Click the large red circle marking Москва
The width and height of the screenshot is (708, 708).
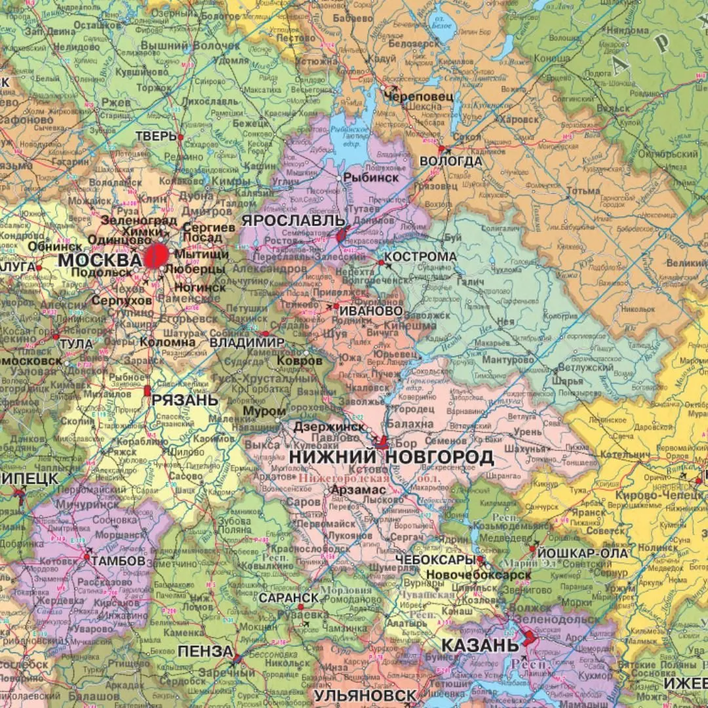pos(156,256)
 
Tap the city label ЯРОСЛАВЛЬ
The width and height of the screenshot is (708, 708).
pos(293,220)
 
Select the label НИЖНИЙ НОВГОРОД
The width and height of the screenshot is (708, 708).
pos(391,457)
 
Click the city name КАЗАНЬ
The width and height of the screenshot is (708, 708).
pos(480,645)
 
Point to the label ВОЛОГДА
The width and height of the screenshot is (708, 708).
pos(451,161)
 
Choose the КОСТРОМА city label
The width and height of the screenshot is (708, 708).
pos(420,256)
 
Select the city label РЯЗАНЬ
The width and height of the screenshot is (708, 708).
pos(185,399)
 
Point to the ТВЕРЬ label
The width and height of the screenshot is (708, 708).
pos(156,136)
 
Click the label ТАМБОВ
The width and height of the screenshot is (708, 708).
pos(118,561)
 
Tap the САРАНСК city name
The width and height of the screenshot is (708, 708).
pos(288,598)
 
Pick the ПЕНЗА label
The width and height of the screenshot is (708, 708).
pos(205,652)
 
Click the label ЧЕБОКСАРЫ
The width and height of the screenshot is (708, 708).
pos(435,559)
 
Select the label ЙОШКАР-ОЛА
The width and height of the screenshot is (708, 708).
pos(577,552)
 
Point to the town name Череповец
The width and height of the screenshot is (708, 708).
pos(410,96)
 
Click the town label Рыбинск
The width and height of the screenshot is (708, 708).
pos(371,178)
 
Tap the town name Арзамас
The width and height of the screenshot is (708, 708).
pos(354,489)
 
